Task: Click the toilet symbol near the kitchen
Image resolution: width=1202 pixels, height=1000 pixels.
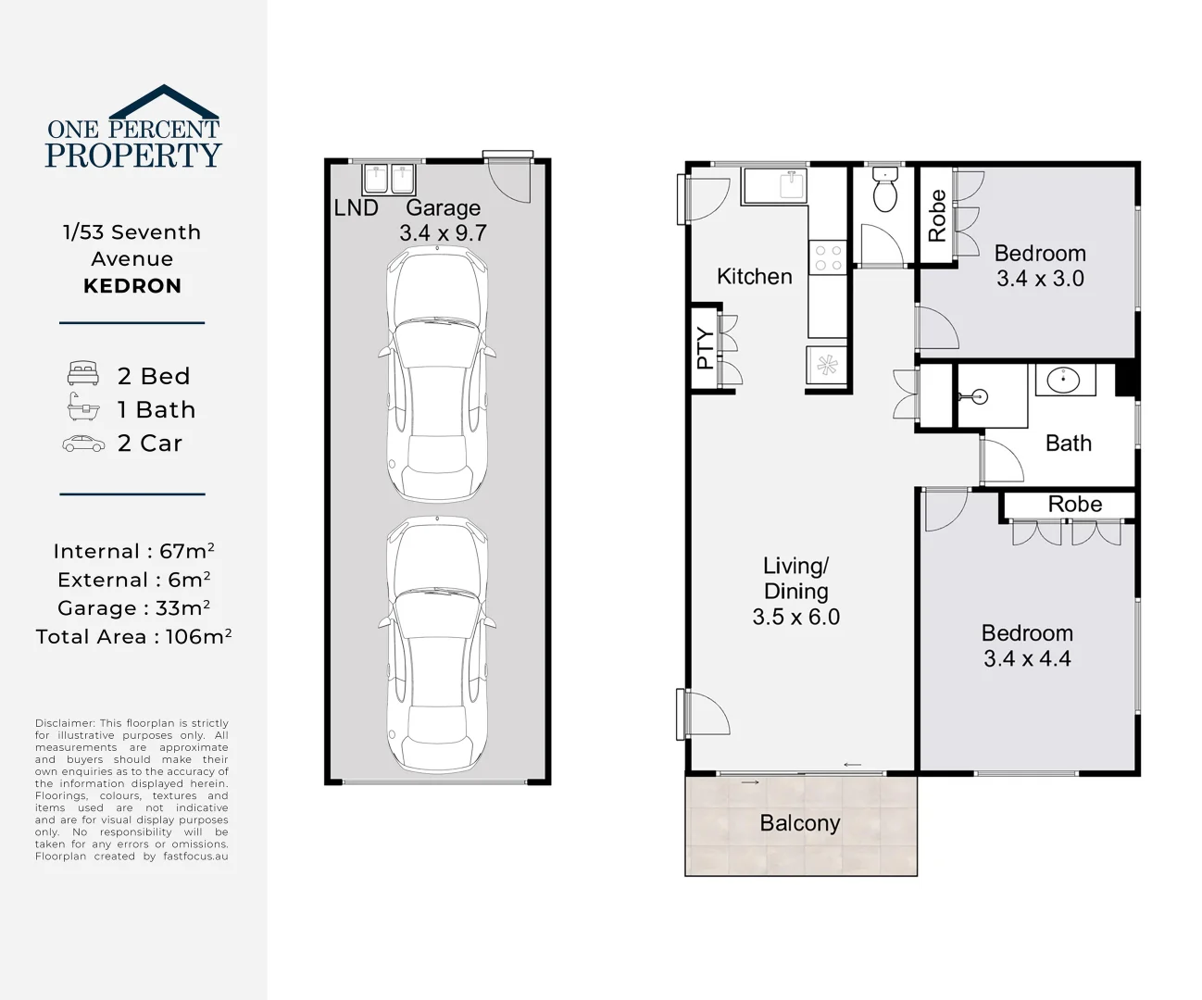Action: [x=884, y=190]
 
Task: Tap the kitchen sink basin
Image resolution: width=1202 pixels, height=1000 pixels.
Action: [x=792, y=185]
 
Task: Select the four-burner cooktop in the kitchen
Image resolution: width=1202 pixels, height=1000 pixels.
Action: [x=828, y=257]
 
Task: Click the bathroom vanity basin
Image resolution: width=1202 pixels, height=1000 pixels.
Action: [x=1063, y=380]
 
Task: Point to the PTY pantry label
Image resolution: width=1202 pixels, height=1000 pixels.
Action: [x=706, y=348]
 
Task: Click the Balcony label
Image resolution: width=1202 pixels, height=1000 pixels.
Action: [x=799, y=822]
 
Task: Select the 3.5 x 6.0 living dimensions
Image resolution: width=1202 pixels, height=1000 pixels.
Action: [x=796, y=617]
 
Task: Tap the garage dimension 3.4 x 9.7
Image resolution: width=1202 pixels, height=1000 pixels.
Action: [x=443, y=232]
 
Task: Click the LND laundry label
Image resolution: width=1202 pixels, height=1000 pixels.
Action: [x=356, y=207]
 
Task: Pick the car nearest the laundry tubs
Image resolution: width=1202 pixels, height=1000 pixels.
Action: [x=437, y=374]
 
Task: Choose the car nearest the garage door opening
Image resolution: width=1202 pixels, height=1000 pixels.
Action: [x=437, y=645]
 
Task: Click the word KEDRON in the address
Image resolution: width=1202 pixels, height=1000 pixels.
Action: [x=132, y=286]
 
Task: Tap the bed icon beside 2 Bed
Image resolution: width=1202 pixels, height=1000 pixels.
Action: [x=83, y=373]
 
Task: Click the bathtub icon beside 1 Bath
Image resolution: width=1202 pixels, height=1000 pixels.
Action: [x=83, y=406]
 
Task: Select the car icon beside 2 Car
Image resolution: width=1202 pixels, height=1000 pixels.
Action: [x=83, y=444]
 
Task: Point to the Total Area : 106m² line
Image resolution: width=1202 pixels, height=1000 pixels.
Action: [x=133, y=636]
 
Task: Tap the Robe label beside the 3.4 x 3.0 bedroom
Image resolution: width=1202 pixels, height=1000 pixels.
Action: [x=936, y=216]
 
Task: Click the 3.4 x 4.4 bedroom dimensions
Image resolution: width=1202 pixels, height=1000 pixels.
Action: [x=1027, y=658]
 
